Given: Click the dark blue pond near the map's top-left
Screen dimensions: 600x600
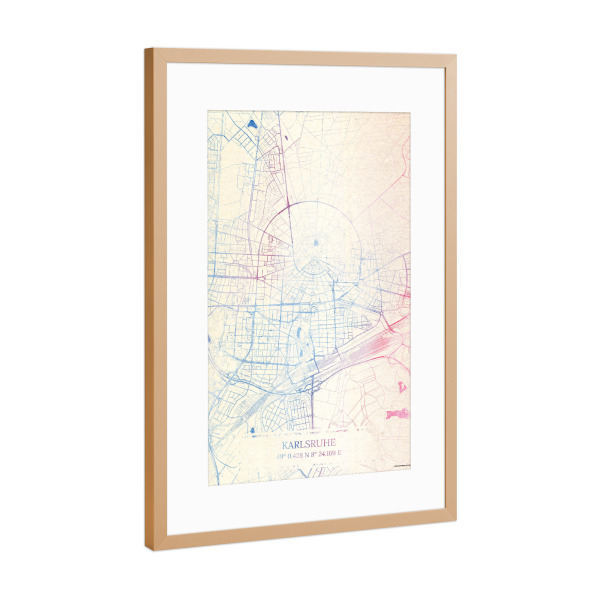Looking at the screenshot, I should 251,126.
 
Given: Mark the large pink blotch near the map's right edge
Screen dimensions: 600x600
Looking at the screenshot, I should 397,413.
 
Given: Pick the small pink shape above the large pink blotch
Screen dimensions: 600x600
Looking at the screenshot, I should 401,386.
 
